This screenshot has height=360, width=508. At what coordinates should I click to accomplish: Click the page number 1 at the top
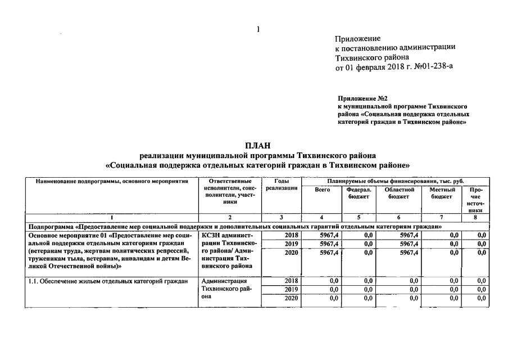tap(257, 29)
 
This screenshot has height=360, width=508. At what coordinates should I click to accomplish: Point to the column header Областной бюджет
tap(399, 193)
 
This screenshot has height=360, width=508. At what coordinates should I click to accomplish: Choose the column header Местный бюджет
tap(441, 193)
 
